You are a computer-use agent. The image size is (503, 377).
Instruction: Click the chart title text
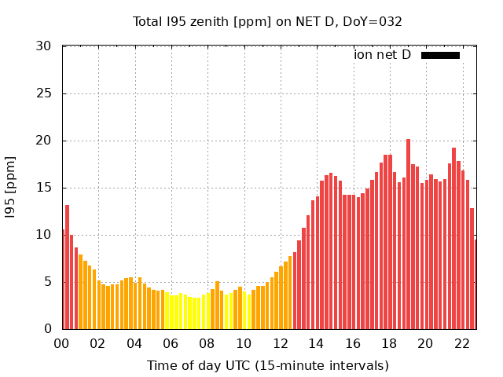(267, 21)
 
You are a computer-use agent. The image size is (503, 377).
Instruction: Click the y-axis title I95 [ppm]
(10, 188)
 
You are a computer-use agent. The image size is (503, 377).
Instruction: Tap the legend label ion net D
(382, 54)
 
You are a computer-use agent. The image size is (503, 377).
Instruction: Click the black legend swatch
(440, 55)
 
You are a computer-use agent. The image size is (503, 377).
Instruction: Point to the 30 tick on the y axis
(43, 46)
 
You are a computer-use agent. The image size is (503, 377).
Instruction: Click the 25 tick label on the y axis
(43, 93)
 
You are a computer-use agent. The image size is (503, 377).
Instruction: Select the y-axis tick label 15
(43, 188)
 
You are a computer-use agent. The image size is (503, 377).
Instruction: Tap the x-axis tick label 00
(61, 343)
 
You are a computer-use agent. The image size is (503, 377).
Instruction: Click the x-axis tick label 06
(171, 343)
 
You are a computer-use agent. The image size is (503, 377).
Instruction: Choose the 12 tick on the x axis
(280, 343)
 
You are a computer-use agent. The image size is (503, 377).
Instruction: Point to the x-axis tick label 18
(389, 343)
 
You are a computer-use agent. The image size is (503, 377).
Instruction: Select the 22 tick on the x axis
(462, 343)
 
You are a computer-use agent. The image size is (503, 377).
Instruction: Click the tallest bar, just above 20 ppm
(408, 236)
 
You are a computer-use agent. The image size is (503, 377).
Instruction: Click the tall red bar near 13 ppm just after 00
(68, 267)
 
